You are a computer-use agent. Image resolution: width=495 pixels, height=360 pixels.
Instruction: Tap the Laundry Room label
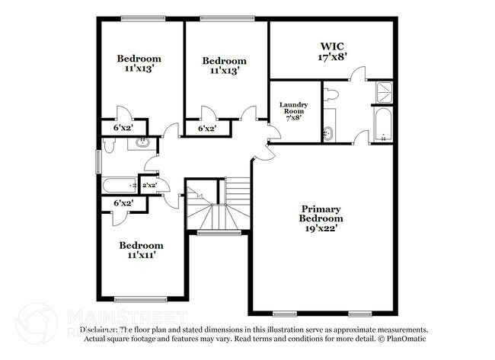point(292,110)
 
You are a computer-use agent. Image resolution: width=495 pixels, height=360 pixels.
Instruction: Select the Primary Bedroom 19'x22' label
point(321,218)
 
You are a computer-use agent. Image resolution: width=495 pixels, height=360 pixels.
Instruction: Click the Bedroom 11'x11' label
point(141,250)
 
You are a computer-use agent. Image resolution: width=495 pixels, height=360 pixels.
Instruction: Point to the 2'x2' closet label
point(149,184)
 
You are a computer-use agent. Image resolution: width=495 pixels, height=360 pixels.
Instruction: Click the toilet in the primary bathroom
point(330,95)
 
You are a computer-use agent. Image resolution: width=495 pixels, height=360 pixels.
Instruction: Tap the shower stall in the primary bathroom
point(383,94)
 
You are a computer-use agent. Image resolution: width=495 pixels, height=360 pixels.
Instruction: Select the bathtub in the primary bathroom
point(382,126)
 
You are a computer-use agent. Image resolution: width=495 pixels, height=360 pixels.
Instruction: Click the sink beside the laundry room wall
point(329,126)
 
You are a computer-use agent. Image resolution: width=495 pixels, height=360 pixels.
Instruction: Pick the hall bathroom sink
point(141,142)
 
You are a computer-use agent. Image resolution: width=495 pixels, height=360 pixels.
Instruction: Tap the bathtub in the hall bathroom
point(118,185)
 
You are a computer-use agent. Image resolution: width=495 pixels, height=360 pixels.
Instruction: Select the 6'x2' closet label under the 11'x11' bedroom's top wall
point(123,203)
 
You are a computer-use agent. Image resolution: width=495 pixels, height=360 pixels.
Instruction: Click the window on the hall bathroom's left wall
point(97,161)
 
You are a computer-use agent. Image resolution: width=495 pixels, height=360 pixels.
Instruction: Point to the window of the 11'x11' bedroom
point(140,299)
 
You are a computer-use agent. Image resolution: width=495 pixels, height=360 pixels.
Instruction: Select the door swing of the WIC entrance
point(357,75)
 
